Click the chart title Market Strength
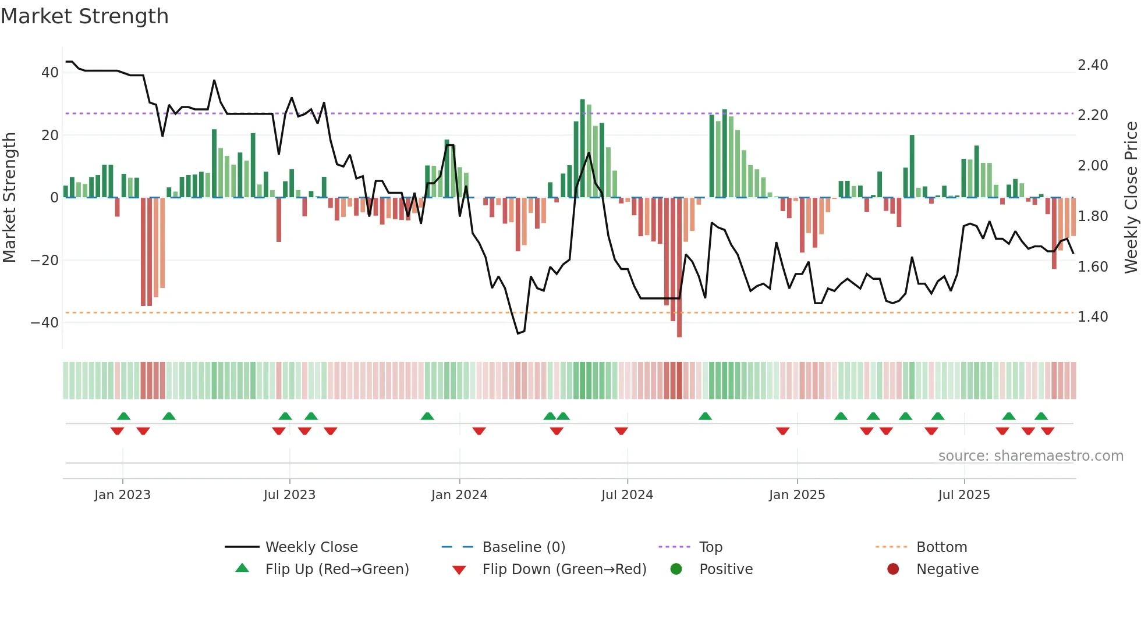coord(84,16)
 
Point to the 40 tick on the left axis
coord(49,73)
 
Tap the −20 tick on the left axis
coord(44,260)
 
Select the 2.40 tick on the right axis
coord(1093,65)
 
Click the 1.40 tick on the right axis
coord(1093,316)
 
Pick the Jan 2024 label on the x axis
coord(459,495)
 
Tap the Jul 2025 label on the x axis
coord(964,495)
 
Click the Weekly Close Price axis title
coord(1131,198)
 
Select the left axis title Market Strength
coord(9,198)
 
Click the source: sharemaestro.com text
coord(1030,456)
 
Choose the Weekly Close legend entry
coord(311,547)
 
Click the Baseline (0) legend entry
coord(523,547)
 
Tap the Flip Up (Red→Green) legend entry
coord(336,569)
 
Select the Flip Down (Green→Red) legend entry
coord(564,569)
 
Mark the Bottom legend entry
coord(941,547)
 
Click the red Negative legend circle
coord(893,569)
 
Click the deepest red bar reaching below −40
coord(679,268)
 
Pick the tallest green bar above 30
coord(582,148)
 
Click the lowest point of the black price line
coord(518,333)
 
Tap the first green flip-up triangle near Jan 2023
coord(123,416)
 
